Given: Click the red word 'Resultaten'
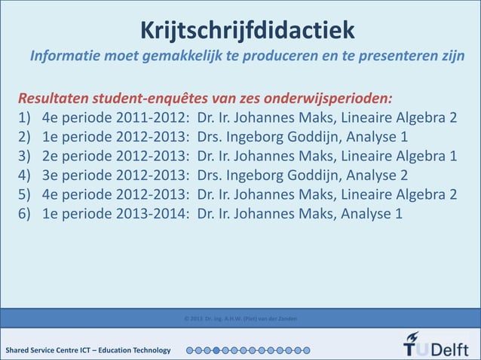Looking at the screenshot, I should tap(54, 100).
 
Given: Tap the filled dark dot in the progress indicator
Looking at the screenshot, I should tap(216, 350).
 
